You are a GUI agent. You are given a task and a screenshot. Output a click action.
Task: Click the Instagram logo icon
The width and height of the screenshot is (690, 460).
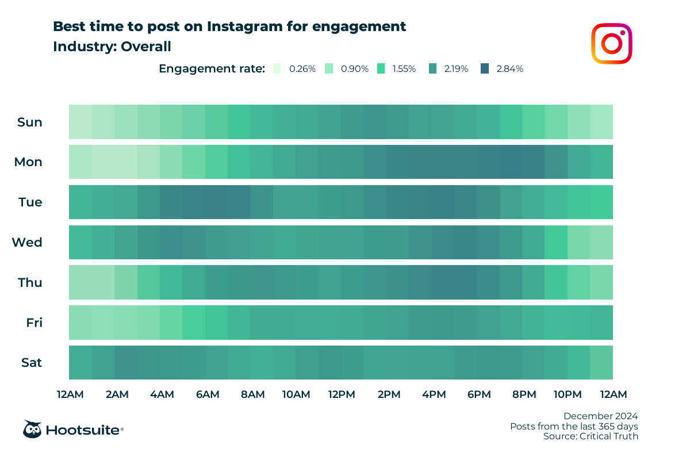click(x=612, y=43)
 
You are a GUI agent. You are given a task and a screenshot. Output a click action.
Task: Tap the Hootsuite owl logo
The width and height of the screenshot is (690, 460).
click(x=32, y=430)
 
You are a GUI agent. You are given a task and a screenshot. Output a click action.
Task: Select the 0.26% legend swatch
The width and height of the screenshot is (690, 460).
click(x=277, y=68)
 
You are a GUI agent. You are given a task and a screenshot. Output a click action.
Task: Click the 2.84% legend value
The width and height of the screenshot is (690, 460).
click(x=509, y=68)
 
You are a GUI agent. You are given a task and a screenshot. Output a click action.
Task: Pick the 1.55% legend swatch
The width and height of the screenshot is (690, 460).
click(x=381, y=68)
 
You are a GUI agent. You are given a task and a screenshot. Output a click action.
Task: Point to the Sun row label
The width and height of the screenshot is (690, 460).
click(x=30, y=122)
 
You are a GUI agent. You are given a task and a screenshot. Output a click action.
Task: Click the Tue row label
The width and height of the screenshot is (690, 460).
click(x=30, y=202)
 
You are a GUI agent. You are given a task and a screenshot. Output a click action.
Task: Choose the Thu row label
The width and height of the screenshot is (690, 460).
click(x=30, y=283)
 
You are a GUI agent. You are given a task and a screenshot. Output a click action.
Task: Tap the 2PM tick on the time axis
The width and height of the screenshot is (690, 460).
click(x=389, y=394)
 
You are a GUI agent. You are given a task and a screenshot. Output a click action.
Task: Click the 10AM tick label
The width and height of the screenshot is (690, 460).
click(x=296, y=394)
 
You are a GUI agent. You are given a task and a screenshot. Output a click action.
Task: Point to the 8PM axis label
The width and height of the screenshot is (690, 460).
click(x=524, y=394)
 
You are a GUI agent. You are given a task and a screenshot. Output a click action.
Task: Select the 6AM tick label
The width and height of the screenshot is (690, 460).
click(x=207, y=394)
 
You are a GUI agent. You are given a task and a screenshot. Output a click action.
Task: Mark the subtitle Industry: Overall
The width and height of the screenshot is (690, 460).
click(x=112, y=47)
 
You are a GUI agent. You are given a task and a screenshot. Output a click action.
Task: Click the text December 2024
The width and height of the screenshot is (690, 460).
click(x=600, y=416)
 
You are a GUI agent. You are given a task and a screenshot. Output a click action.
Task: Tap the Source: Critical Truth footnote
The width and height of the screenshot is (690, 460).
click(x=591, y=436)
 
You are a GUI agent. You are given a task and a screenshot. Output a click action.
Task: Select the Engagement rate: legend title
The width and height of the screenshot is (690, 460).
click(x=212, y=68)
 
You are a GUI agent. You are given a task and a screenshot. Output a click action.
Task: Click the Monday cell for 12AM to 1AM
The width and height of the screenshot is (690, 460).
click(x=80, y=162)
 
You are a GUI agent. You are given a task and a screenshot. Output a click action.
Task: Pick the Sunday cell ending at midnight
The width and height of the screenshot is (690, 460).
click(x=601, y=122)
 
